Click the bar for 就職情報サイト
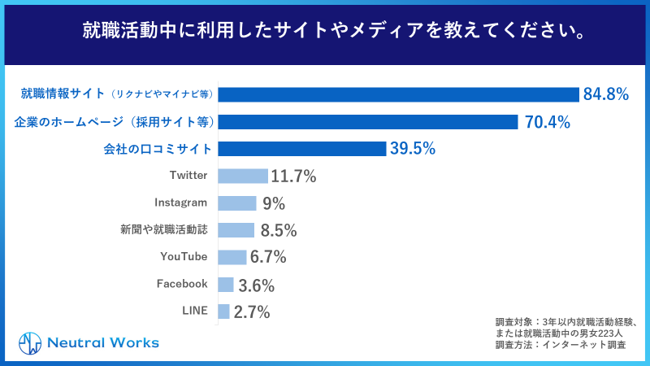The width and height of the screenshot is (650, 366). [x=398, y=94]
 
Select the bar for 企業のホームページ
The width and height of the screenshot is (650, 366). [x=368, y=122]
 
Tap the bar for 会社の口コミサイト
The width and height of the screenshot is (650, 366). [x=301, y=149]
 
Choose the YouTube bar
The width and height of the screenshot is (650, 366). [x=232, y=257]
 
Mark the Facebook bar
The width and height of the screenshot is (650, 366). [x=226, y=285]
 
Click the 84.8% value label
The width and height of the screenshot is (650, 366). [x=606, y=94]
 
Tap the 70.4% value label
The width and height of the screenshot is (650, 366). [x=546, y=122]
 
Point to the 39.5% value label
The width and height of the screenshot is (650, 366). [x=413, y=149]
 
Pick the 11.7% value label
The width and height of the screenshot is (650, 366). [x=293, y=176]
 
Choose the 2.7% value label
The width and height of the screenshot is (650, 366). [x=252, y=312]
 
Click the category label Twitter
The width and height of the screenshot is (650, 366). [x=188, y=176]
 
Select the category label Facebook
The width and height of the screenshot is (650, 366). [x=182, y=285]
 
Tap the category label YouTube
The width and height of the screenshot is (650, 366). [x=184, y=257]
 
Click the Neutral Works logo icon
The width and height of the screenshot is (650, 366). [x=30, y=342]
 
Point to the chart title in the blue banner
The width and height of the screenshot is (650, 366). [x=325, y=33]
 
